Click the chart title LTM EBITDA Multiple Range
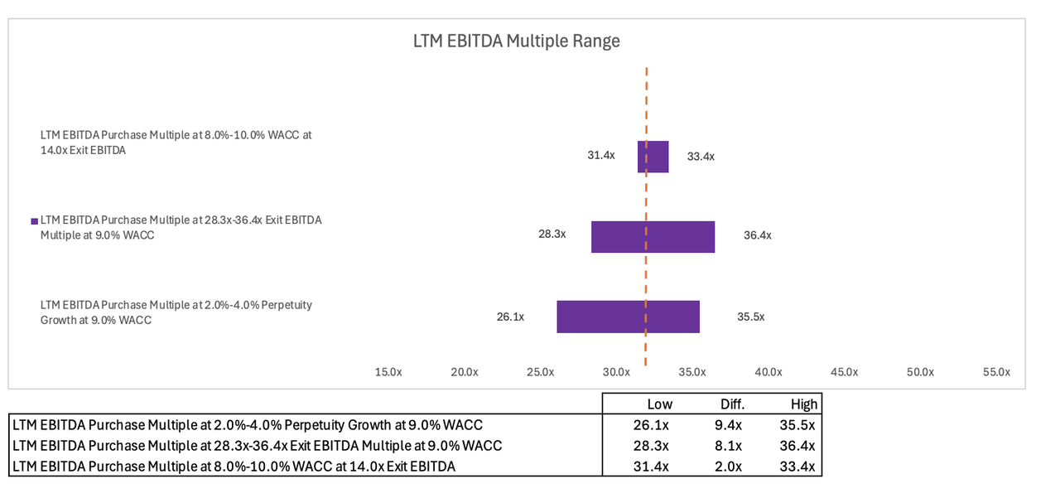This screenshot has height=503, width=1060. [x=516, y=41]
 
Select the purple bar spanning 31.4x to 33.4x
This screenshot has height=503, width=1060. [x=653, y=157]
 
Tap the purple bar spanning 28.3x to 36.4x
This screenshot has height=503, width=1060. [x=653, y=236]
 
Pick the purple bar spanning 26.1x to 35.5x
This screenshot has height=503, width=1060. [x=628, y=317]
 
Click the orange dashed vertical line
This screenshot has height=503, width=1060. [x=646, y=99]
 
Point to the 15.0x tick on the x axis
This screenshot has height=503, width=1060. [x=388, y=372]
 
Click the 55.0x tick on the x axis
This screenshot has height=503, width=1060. [x=996, y=372]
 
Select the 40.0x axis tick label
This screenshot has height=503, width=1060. [x=768, y=372]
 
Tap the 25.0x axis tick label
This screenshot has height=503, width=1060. [x=540, y=372]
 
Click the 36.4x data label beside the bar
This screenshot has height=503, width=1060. [x=757, y=235]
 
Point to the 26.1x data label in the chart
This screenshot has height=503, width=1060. [x=510, y=317]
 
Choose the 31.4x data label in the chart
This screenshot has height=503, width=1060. [x=601, y=156]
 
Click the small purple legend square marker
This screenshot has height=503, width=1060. [x=35, y=221]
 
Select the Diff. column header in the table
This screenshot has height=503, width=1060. [x=732, y=404]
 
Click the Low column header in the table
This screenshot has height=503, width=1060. [x=659, y=404]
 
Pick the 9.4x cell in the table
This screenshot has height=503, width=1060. [x=732, y=425]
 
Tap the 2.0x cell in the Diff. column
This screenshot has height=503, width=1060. [x=732, y=467]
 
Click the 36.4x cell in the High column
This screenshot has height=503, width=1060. [x=802, y=446]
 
